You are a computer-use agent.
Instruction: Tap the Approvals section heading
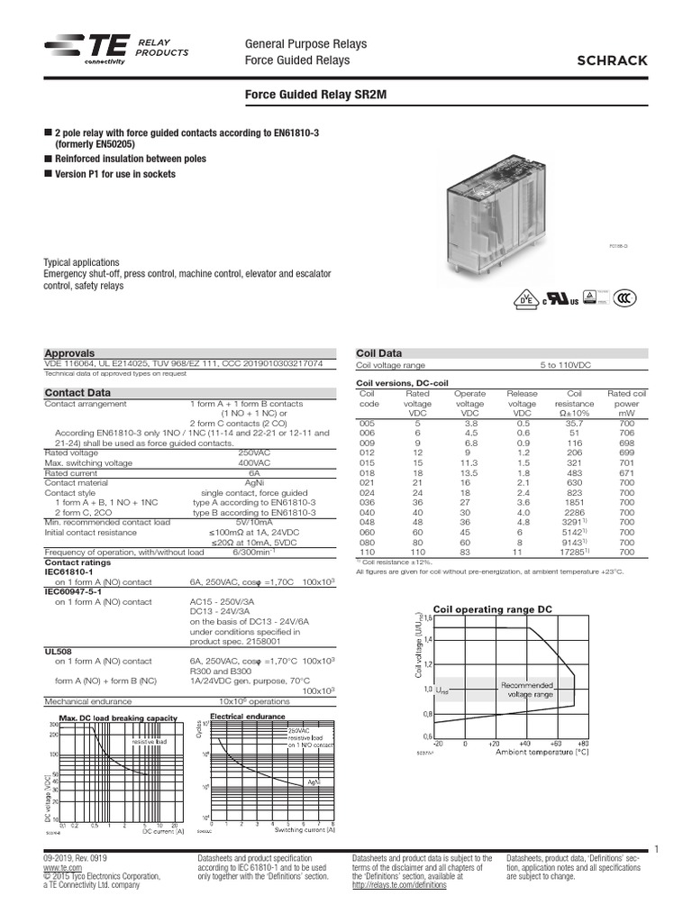coord(69,353)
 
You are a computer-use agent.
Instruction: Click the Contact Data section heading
coord(78,393)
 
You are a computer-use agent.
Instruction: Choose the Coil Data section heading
coord(379,353)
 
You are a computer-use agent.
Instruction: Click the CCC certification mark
coord(629,299)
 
